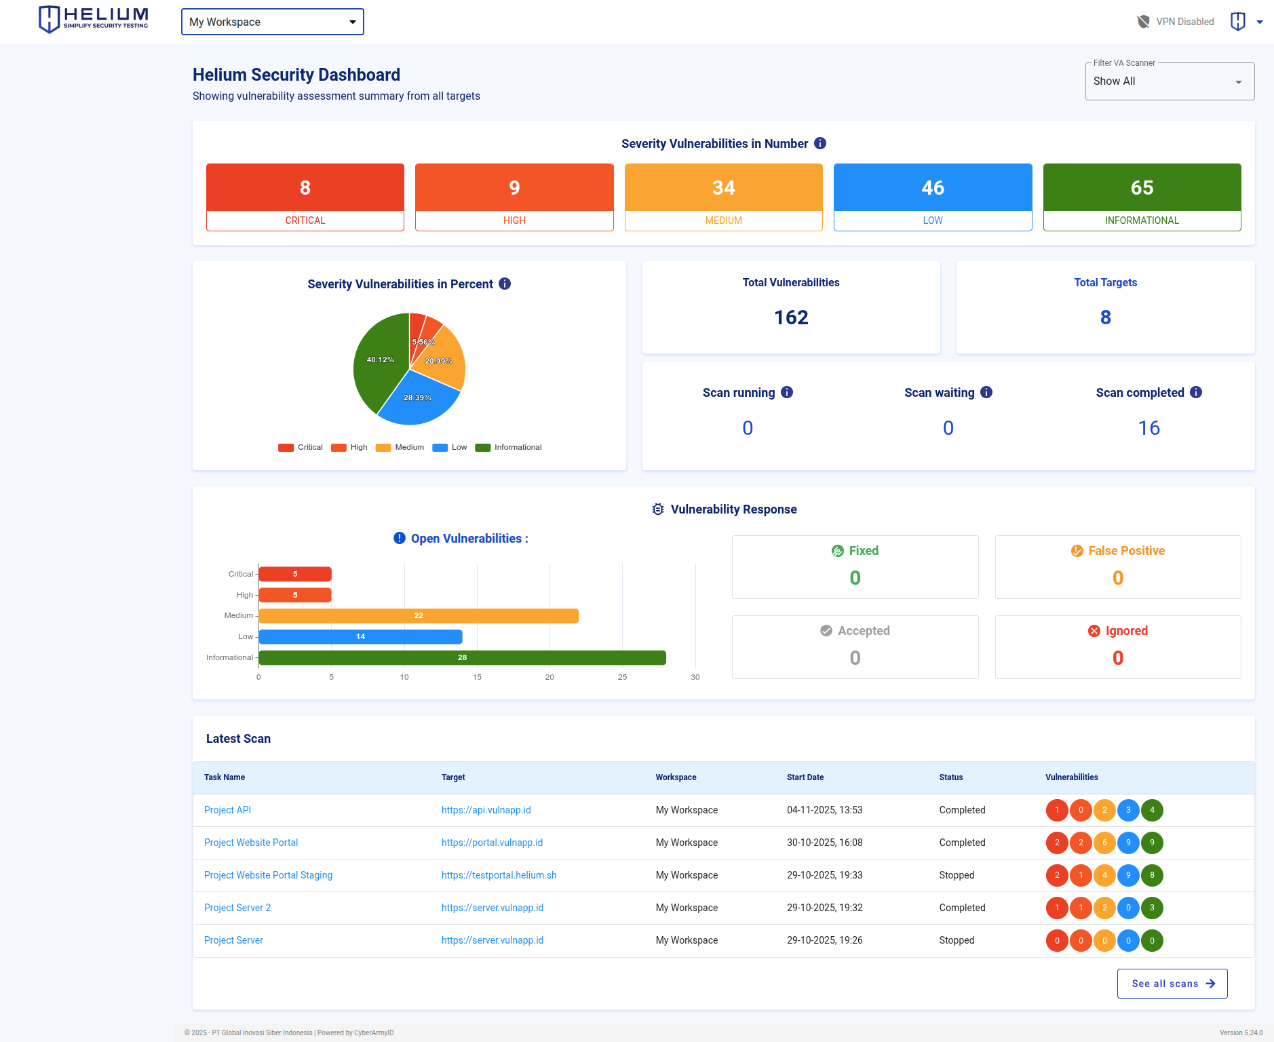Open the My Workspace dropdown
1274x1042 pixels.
tap(272, 22)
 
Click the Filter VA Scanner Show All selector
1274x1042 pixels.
tap(1169, 81)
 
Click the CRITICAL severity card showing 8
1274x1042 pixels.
tap(305, 197)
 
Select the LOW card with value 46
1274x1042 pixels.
tap(932, 197)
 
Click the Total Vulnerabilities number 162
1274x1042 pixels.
tap(791, 317)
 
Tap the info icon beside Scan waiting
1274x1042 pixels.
tap(986, 392)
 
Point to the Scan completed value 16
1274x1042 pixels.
tap(1148, 428)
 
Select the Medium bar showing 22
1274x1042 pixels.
tap(419, 616)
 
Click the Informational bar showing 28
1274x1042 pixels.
tap(462, 658)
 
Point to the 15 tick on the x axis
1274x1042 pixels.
tap(477, 677)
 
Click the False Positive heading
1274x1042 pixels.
tap(1126, 551)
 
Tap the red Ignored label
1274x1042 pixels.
tap(1126, 631)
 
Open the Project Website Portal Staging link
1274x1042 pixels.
tap(268, 875)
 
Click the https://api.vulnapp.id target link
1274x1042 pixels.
tap(486, 810)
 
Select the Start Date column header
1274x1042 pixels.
tap(805, 777)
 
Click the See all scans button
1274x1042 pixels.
tap(1172, 984)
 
